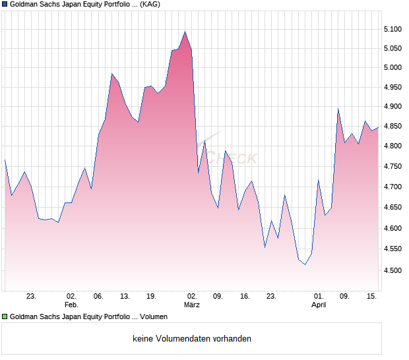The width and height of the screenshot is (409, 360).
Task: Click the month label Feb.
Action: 71,305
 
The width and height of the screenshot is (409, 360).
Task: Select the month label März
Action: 191,305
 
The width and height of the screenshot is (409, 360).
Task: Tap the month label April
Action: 319,305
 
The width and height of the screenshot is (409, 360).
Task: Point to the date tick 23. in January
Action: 31,296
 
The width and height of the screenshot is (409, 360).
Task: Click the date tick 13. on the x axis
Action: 125,296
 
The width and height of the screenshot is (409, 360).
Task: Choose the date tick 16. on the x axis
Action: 245,296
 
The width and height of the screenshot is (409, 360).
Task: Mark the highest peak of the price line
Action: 185,32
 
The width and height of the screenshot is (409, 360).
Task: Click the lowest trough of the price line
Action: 305,264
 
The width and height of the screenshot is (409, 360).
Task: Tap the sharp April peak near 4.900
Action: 338,109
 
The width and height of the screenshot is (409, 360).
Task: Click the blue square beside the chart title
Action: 5,4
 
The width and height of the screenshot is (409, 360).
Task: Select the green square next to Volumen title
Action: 5,317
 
